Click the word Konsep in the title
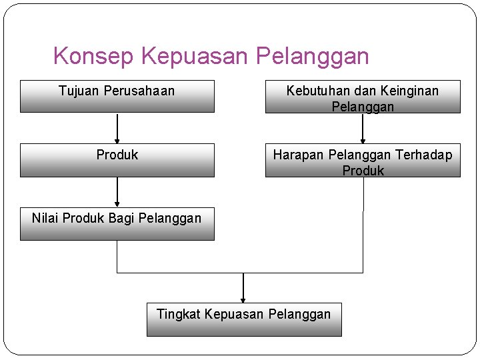[94, 56]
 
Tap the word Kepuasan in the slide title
[197, 56]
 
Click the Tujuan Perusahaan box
[117, 97]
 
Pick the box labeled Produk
[117, 161]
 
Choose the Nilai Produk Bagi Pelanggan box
[117, 224]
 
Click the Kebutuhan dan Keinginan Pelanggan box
[363, 97]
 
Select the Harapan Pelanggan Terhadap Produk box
[363, 161]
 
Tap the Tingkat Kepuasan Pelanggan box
[244, 319]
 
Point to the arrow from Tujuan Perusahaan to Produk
[117, 128]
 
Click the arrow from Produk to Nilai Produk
[117, 192]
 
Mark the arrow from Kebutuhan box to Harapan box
[363, 128]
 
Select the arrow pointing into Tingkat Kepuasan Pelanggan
[243, 288]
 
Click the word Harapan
[298, 155]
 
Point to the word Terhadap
[424, 155]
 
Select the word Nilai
[45, 217]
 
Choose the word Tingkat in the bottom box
[179, 314]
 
